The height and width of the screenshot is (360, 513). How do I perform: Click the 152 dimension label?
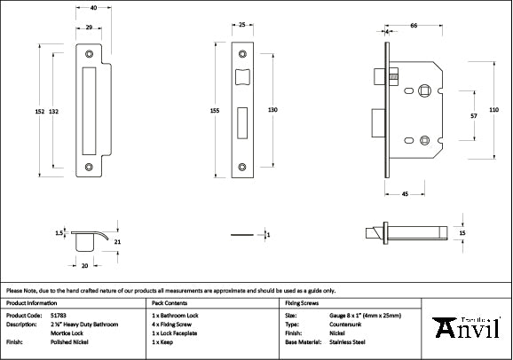click(x=40, y=111)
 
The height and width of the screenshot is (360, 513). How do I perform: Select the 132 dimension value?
click(x=54, y=111)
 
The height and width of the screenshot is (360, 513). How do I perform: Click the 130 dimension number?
click(x=272, y=110)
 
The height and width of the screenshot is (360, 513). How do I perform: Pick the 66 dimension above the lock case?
click(x=414, y=27)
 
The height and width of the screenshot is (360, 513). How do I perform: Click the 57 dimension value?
click(x=474, y=115)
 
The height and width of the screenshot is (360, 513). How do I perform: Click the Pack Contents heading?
click(x=171, y=302)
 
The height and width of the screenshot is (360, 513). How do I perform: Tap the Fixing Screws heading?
click(x=302, y=302)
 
